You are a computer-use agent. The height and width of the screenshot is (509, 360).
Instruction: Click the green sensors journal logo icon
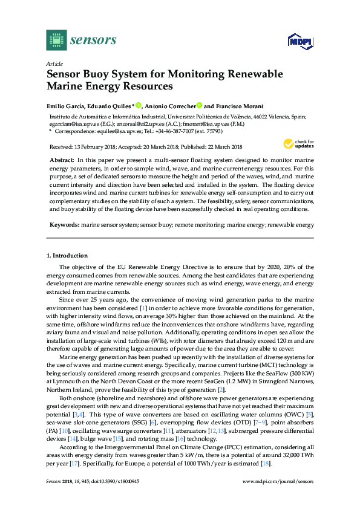[56, 40]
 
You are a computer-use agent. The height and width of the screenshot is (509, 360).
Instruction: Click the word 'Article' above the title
[54, 63]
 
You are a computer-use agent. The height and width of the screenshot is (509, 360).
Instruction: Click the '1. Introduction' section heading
[67, 256]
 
